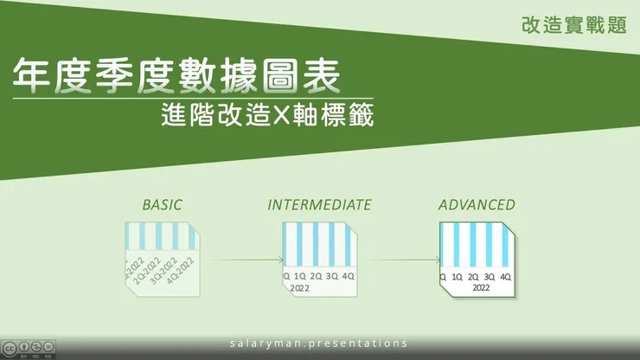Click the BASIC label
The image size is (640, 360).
(163, 205)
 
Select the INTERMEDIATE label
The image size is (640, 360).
(319, 205)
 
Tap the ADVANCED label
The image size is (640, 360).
(477, 205)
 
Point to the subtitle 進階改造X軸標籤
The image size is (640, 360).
(267, 116)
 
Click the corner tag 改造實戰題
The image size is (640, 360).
(574, 25)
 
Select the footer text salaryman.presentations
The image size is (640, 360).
(319, 343)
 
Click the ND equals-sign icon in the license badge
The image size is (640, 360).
(48, 345)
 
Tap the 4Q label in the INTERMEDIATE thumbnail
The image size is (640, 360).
(348, 276)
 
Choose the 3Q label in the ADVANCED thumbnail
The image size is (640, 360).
(490, 276)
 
